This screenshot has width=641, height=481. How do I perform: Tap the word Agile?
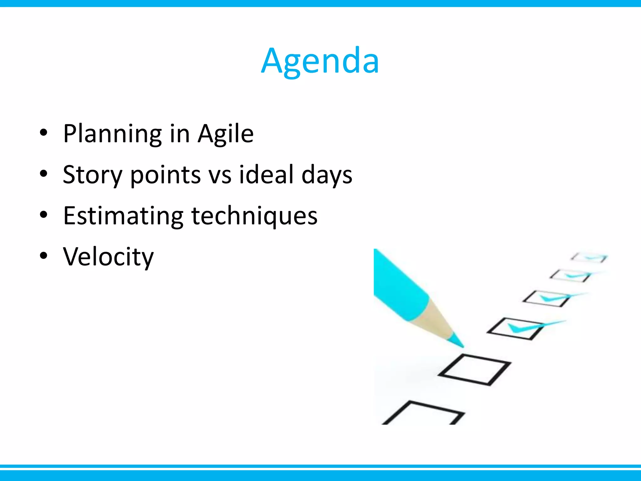pyautogui.click(x=225, y=134)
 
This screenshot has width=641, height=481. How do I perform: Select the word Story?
pyautogui.click(x=92, y=175)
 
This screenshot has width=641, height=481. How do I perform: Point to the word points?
pyautogui.click(x=165, y=175)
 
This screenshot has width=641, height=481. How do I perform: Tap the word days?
pyautogui.click(x=327, y=175)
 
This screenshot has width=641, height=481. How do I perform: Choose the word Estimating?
pyautogui.click(x=123, y=216)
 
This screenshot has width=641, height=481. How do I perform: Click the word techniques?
pyautogui.click(x=254, y=216)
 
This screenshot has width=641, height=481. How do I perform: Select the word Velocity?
pyautogui.click(x=108, y=257)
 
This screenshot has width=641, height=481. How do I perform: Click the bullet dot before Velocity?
pyautogui.click(x=44, y=256)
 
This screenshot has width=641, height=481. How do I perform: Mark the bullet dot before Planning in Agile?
pyautogui.click(x=44, y=133)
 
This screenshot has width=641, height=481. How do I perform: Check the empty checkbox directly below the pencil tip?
pyautogui.click(x=474, y=370)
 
